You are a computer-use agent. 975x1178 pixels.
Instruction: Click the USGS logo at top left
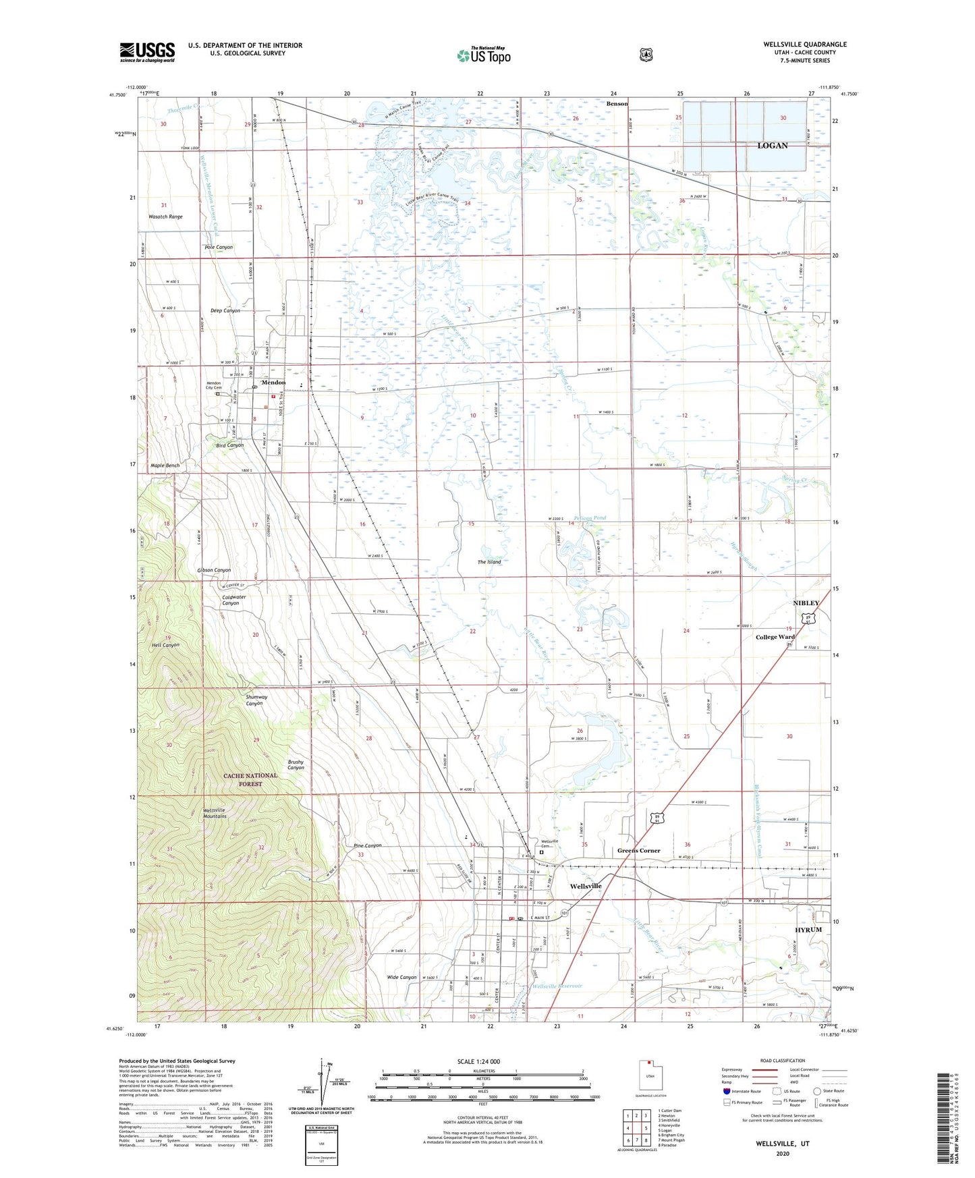147,52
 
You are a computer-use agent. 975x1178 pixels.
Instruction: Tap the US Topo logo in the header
483,55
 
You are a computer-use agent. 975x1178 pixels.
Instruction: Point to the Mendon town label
273,383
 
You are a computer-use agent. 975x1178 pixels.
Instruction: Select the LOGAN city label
772,146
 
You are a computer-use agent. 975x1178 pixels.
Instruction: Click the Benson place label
617,104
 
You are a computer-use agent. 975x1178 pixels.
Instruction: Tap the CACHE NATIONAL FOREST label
250,779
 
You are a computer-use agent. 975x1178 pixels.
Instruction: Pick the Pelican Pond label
590,517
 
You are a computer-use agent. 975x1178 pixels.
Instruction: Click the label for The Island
489,561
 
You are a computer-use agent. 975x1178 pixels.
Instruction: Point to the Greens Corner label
638,851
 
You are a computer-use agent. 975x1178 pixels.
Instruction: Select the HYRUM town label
808,930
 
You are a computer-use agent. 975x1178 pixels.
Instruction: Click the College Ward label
775,637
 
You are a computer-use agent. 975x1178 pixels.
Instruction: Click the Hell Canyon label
165,645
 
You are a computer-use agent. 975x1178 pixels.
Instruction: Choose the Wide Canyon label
401,977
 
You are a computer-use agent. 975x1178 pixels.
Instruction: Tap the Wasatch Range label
165,217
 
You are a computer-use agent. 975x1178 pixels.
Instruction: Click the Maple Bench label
165,466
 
